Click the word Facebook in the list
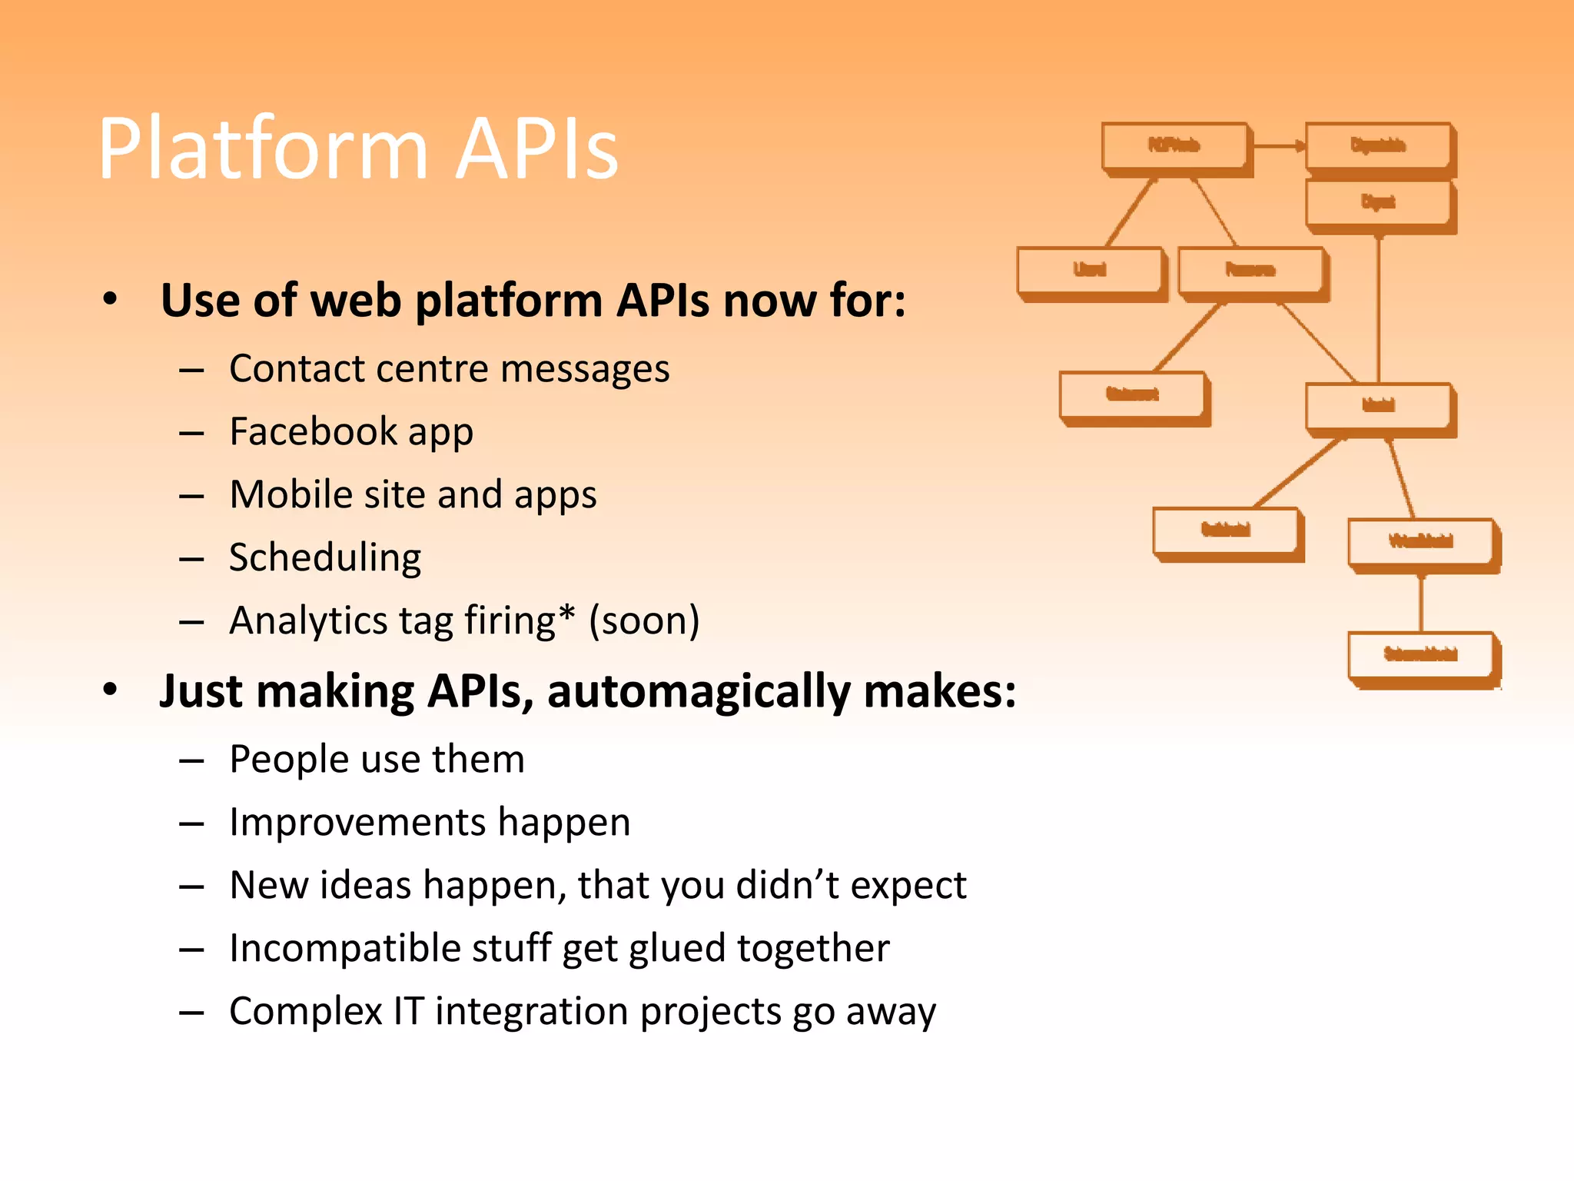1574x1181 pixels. click(311, 431)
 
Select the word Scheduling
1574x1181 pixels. click(325, 559)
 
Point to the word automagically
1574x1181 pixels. click(699, 692)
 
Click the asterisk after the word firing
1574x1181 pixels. click(566, 613)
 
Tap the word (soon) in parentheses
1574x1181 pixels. click(644, 621)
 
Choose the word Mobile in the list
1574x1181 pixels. click(288, 494)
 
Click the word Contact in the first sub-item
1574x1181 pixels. click(296, 369)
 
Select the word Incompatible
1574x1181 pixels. click(344, 949)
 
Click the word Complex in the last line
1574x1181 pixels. click(305, 1012)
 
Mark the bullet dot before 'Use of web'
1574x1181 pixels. click(111, 300)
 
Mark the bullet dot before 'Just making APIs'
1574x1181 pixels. click(111, 690)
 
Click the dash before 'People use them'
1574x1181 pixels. click(191, 761)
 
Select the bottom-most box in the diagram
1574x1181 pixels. click(1421, 656)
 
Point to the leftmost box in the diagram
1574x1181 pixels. click(1089, 271)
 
